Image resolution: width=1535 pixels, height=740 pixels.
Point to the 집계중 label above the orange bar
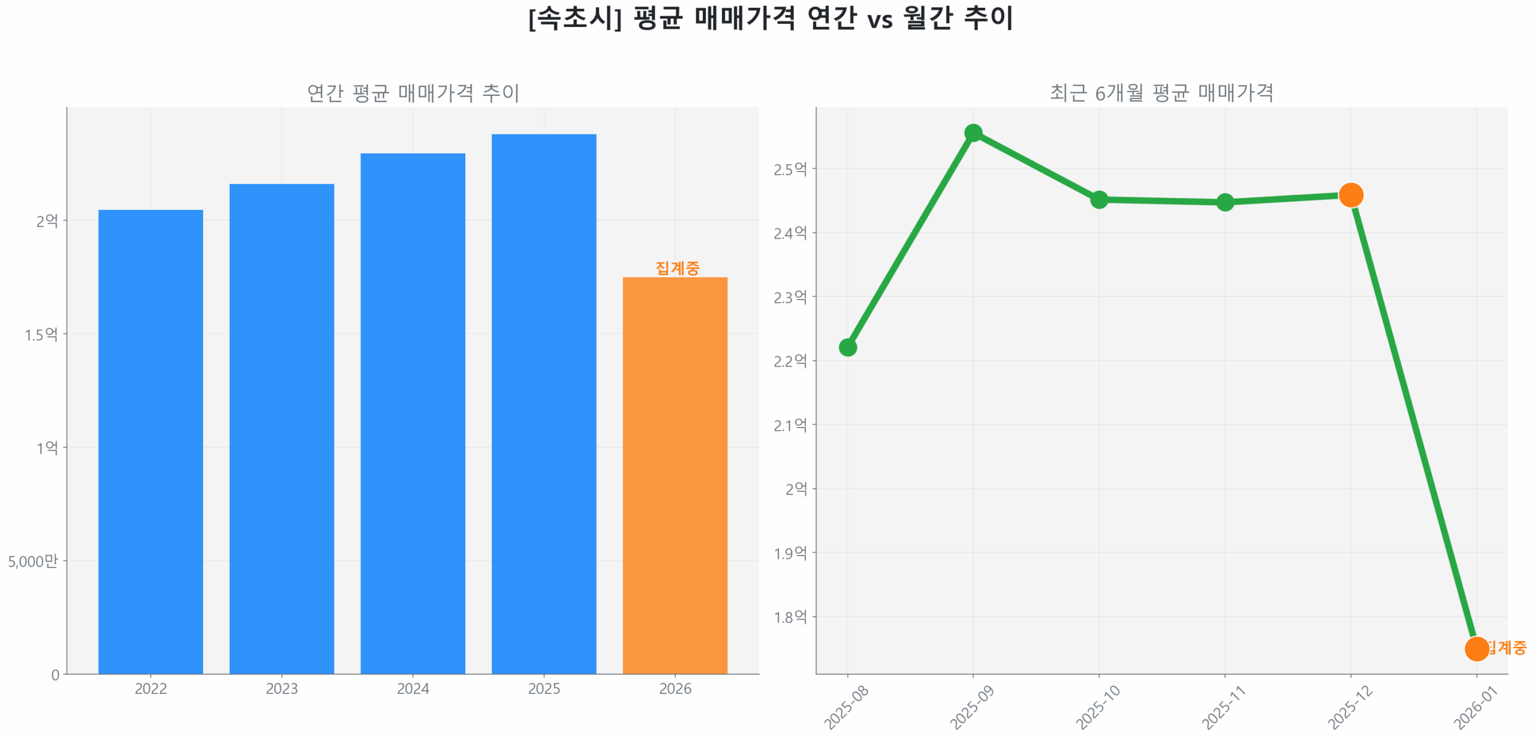click(x=677, y=267)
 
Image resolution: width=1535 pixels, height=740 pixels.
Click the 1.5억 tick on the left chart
click(x=41, y=334)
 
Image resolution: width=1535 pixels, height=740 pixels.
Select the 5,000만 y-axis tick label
click(x=33, y=561)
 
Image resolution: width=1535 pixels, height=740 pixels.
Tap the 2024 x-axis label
click(x=413, y=688)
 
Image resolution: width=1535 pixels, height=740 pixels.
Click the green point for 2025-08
click(x=847, y=347)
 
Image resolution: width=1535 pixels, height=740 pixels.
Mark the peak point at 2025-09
click(x=973, y=133)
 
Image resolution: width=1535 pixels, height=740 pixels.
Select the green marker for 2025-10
click(x=1098, y=199)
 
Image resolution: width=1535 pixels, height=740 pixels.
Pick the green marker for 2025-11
click(x=1224, y=202)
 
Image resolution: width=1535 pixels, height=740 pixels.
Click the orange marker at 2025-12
click(x=1350, y=195)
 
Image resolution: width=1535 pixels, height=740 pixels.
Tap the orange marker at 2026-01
click(x=1476, y=648)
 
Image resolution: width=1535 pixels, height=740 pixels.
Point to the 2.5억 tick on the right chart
click(x=790, y=169)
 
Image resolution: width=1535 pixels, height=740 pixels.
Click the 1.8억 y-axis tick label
click(x=790, y=616)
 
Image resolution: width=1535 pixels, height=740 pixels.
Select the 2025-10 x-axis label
click(x=1097, y=707)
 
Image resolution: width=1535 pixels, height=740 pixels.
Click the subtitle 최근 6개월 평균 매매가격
click(x=1161, y=92)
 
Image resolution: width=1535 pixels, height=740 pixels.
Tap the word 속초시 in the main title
click(x=575, y=18)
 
